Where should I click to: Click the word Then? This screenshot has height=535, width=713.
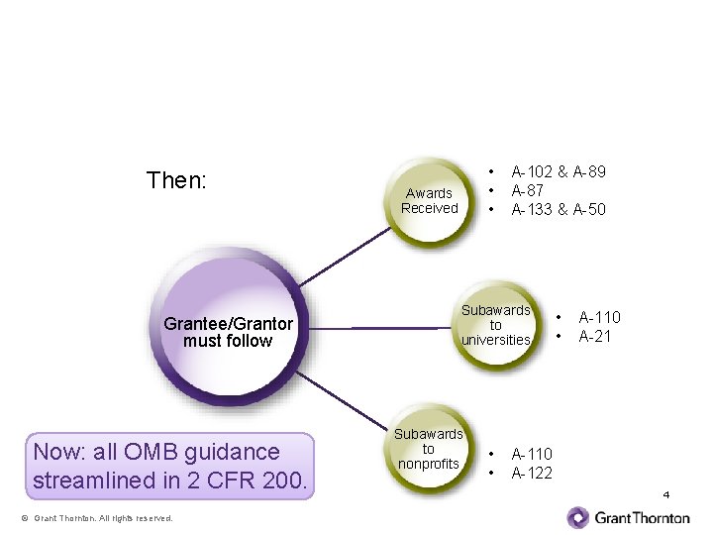coord(176,180)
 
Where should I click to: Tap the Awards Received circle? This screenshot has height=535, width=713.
coord(428,201)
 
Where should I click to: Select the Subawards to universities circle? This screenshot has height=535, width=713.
coord(495,325)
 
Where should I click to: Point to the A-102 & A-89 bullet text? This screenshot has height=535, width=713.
coord(559,172)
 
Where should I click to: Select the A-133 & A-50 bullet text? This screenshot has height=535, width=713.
coord(559,210)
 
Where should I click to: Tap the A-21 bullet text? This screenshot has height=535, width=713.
coord(596,336)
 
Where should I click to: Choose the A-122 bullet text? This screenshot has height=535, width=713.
coord(532,473)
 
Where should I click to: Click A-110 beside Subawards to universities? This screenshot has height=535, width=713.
coord(600,317)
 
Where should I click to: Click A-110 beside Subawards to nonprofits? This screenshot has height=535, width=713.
coord(532,454)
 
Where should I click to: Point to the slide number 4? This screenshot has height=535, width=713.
coord(666,494)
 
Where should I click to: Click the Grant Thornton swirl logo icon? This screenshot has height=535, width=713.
coord(578,517)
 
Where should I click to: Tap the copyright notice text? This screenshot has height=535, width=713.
coord(97,518)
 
